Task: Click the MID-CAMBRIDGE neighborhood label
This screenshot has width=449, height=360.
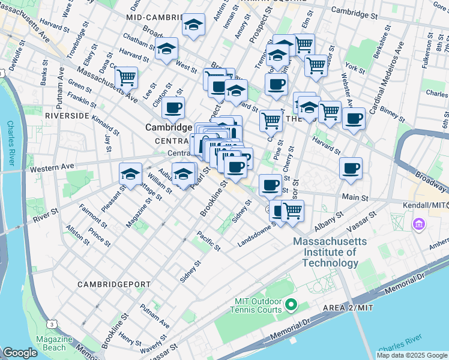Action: tap(154, 19)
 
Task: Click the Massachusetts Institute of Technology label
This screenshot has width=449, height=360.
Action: tap(330, 252)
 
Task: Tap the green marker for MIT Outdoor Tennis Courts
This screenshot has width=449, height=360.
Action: tap(291, 305)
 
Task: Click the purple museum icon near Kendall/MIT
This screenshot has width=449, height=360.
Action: tap(418, 225)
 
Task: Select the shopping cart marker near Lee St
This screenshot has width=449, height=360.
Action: tap(126, 76)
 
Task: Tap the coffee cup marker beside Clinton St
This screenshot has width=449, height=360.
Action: tap(173, 107)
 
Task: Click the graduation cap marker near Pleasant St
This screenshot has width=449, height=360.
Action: tap(131, 173)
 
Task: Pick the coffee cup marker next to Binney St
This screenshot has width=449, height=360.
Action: tap(354, 118)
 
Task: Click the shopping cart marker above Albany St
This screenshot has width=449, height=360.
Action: tap(292, 211)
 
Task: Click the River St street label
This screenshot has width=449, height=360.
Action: tap(46, 213)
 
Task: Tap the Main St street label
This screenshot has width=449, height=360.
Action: tap(355, 197)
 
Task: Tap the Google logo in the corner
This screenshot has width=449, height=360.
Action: tap(20, 353)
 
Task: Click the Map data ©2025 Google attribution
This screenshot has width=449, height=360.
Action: tap(411, 355)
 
